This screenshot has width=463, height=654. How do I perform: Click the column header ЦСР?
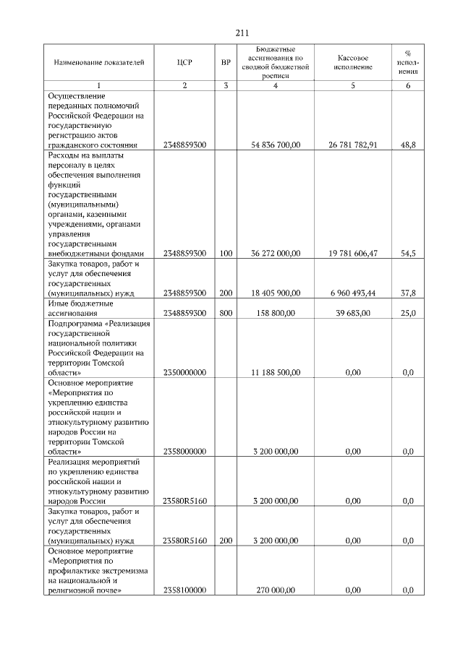pos(184,62)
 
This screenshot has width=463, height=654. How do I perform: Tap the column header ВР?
pos(226,62)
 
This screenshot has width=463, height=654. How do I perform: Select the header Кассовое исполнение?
pos(353,62)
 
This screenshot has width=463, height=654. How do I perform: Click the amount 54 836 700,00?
pos(275,145)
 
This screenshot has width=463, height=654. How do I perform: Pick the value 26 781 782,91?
pos(353,145)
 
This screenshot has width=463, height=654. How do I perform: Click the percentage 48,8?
pos(408,145)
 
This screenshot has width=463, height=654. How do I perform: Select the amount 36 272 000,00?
pos(275,254)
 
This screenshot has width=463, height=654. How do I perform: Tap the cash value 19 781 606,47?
pos(353,254)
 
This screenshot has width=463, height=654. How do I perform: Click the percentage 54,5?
pos(408,254)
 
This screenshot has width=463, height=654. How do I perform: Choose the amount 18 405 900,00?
pos(275,293)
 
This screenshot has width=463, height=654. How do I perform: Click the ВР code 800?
pos(226,313)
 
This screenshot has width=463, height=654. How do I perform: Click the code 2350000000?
pos(185,372)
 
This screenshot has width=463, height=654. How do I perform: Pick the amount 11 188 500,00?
pos(275,372)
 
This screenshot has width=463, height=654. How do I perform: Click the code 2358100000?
pos(185,590)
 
